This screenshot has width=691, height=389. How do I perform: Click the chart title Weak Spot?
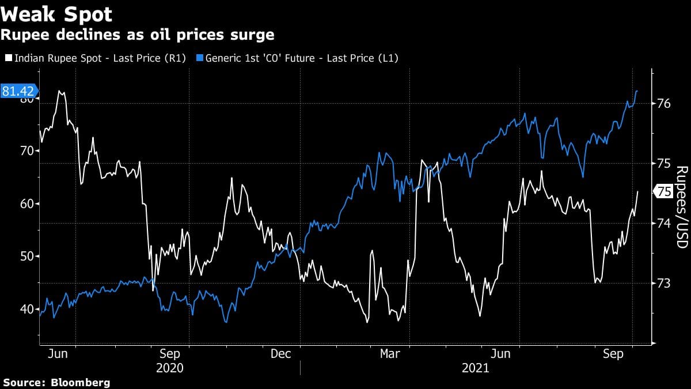click(56, 14)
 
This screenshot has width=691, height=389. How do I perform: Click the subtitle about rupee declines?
click(138, 35)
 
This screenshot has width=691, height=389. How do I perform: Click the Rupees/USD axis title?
click(682, 207)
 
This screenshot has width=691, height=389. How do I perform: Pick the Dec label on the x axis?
click(280, 354)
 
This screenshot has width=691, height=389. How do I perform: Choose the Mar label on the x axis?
click(391, 354)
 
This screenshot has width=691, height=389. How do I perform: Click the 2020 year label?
click(170, 368)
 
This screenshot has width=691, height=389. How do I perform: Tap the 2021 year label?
click(475, 368)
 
